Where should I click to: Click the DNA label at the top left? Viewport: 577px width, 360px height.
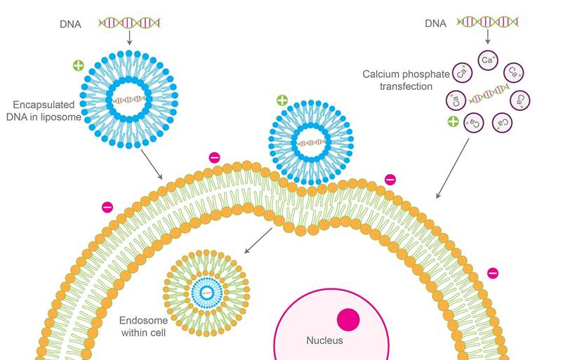[70, 25]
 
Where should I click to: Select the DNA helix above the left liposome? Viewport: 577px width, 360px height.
[129, 22]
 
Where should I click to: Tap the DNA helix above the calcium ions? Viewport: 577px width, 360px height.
[488, 22]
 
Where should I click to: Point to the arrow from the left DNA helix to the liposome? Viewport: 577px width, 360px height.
[129, 38]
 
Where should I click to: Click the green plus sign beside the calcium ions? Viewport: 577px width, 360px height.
[453, 121]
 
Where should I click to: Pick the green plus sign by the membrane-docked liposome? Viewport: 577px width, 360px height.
[282, 100]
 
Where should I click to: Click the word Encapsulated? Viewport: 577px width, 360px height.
[44, 105]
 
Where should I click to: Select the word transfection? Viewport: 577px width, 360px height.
[406, 86]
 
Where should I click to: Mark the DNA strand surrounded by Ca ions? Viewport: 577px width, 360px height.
[489, 93]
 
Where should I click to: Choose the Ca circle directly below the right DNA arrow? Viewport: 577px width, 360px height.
[488, 60]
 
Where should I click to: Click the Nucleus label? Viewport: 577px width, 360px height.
[324, 340]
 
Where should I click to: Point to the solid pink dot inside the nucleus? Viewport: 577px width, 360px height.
[348, 319]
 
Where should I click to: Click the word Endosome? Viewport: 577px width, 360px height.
[143, 321]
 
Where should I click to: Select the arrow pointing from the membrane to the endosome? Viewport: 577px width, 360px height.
[258, 241]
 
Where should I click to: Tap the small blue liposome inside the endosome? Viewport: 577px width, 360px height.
[207, 293]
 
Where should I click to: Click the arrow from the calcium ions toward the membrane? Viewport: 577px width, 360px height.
[453, 168]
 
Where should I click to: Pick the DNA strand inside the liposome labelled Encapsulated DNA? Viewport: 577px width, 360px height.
[128, 99]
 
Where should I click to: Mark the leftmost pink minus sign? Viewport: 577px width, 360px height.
[107, 207]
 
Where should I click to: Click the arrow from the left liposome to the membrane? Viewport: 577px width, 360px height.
[152, 164]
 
